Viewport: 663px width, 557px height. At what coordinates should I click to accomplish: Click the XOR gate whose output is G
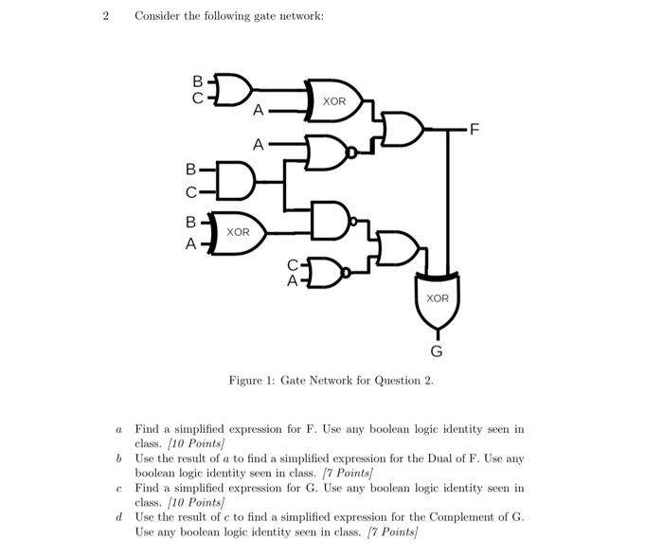[x=437, y=295]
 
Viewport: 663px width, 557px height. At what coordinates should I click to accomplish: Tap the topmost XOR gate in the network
[x=334, y=100]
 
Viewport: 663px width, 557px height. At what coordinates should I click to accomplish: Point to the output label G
[x=437, y=351]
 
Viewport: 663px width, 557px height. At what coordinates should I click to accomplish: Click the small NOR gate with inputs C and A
[x=326, y=272]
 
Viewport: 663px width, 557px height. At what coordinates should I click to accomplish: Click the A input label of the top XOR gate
[x=258, y=111]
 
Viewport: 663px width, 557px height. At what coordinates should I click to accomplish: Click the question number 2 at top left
[x=106, y=16]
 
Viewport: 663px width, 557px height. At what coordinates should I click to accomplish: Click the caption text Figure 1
[x=251, y=381]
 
